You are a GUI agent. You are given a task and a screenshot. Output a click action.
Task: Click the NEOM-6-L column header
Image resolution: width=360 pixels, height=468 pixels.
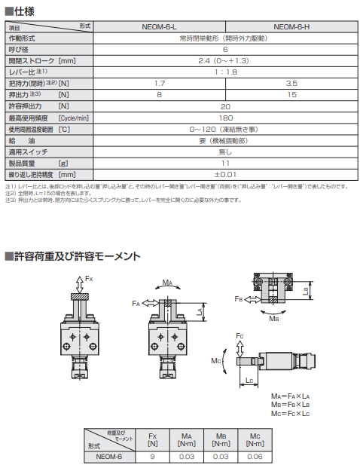point(160,26)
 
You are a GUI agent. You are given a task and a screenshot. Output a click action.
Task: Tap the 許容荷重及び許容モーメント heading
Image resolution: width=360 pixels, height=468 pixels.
point(72,257)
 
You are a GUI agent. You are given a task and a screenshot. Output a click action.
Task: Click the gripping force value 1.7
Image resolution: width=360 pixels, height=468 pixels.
point(160,82)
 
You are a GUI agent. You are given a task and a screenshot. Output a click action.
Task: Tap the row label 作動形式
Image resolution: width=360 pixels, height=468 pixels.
point(22,37)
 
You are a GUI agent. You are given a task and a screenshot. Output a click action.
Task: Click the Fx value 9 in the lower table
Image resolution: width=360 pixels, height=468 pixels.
point(154,455)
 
